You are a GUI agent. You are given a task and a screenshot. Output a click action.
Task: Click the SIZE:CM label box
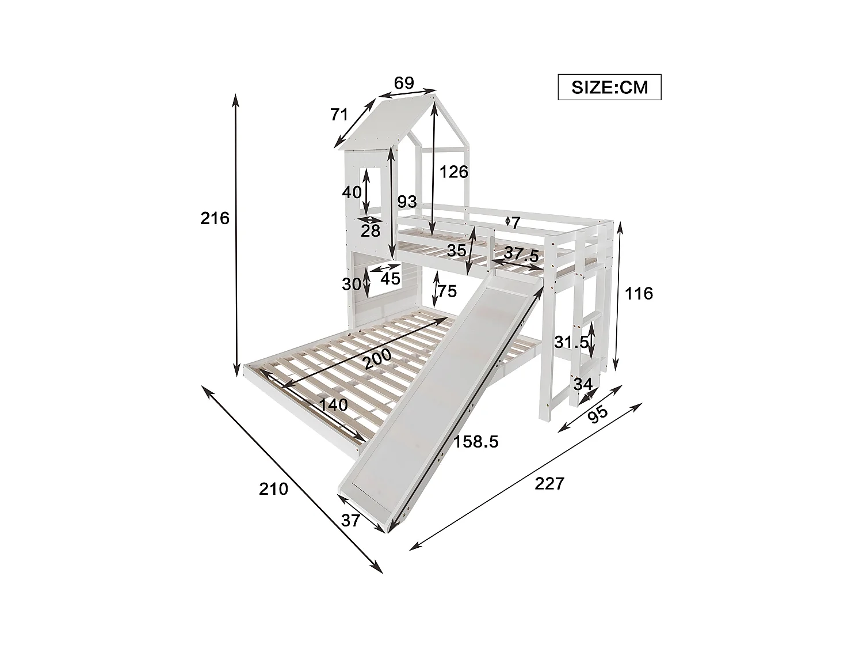pyautogui.click(x=609, y=87)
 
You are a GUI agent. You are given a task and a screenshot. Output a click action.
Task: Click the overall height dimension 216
pyautogui.click(x=215, y=218)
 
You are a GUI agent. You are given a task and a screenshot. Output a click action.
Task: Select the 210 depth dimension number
pyautogui.click(x=273, y=489)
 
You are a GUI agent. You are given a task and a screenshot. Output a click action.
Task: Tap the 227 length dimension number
pyautogui.click(x=549, y=483)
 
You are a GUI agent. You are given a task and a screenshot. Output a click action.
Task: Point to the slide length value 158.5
pyautogui.click(x=476, y=442)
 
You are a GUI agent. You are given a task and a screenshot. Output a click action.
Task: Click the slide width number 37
pyautogui.click(x=350, y=520)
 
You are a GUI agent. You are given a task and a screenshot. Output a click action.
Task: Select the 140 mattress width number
pyautogui.click(x=334, y=405)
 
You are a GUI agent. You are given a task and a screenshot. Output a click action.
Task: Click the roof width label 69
pyautogui.click(x=404, y=83)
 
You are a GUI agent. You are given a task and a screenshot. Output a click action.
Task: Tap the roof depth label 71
pyautogui.click(x=339, y=115)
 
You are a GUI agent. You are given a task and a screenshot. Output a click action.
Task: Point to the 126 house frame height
pyautogui.click(x=454, y=172)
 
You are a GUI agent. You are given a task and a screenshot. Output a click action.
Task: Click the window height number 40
pyautogui.click(x=352, y=192)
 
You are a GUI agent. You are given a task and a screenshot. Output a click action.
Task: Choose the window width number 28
pyautogui.click(x=371, y=230)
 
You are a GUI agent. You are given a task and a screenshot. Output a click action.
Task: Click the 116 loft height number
pyautogui.click(x=639, y=294)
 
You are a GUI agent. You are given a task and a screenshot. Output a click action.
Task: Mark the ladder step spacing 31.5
pyautogui.click(x=571, y=342)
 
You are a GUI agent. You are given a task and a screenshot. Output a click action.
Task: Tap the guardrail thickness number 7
pyautogui.click(x=515, y=222)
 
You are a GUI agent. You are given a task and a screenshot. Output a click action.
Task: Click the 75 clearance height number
pyautogui.click(x=447, y=291)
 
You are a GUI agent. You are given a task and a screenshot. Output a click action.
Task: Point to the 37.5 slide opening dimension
pyautogui.click(x=522, y=254)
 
